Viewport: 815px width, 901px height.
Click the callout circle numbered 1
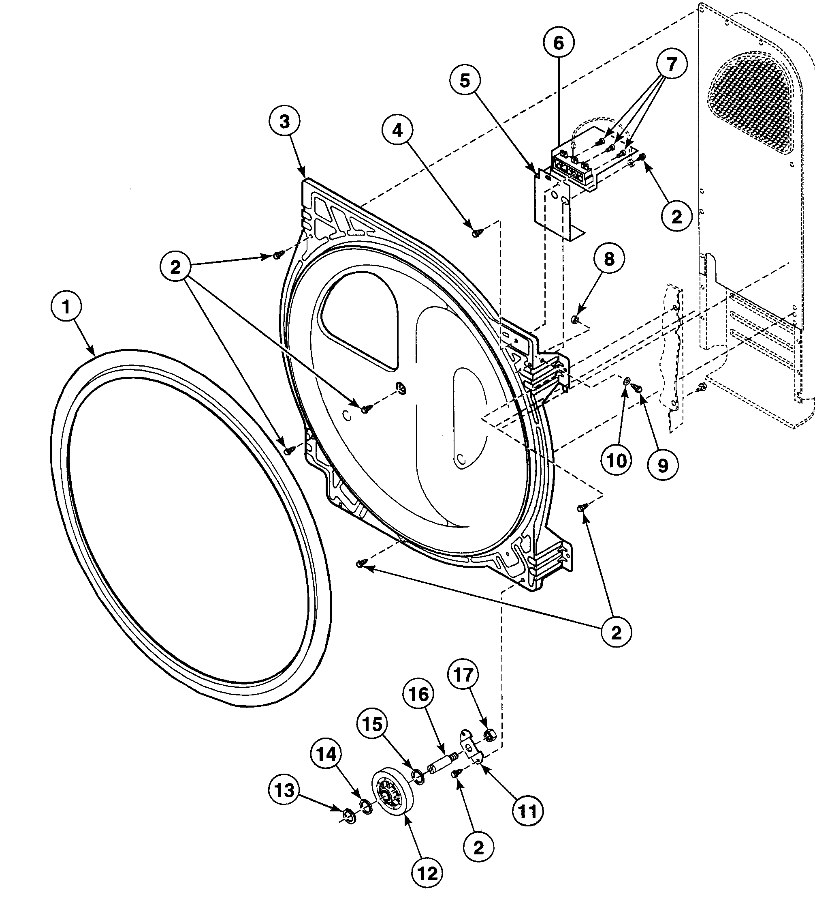tap(66, 307)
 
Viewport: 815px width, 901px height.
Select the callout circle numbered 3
tap(284, 122)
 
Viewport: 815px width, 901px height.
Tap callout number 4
tap(397, 130)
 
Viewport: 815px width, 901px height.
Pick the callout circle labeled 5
tap(465, 81)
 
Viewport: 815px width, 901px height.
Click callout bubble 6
tap(559, 43)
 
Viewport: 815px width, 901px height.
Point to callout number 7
tap(671, 64)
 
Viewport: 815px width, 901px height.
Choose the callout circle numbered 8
tap(609, 259)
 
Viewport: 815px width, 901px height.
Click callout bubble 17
tap(463, 675)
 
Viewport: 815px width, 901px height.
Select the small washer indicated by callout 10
tap(626, 381)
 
